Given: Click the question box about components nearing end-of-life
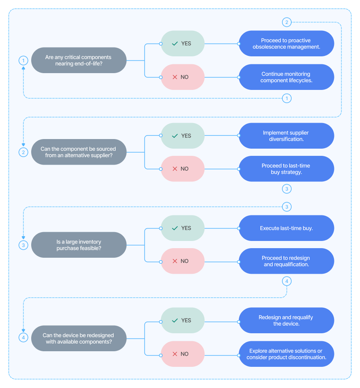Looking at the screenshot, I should pyautogui.click(x=78, y=60).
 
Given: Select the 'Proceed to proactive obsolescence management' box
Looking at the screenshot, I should pyautogui.click(x=286, y=44).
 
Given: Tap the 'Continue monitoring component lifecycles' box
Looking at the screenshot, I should pyautogui.click(x=286, y=77).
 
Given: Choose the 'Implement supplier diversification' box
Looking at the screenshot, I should pyautogui.click(x=286, y=136).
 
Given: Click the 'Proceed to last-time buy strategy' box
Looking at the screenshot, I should pyautogui.click(x=286, y=169).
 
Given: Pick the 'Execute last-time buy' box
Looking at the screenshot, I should pyautogui.click(x=286, y=228).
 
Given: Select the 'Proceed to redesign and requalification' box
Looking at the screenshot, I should pyautogui.click(x=286, y=261).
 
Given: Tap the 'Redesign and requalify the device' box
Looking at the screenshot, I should pyautogui.click(x=286, y=320).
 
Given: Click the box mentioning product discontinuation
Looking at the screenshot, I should pyautogui.click(x=286, y=354).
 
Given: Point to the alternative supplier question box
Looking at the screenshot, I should pyautogui.click(x=78, y=152).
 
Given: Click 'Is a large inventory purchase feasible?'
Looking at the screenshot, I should pyautogui.click(x=78, y=245).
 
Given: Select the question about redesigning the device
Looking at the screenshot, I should pyautogui.click(x=78, y=338).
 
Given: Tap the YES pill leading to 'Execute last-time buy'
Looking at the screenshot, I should pyautogui.click(x=182, y=228).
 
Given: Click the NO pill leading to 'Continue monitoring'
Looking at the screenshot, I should pyautogui.click(x=182, y=77).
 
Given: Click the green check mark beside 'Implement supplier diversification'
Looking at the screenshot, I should pyautogui.click(x=175, y=136).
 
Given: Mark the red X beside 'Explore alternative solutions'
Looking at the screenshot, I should pyautogui.click(x=175, y=354).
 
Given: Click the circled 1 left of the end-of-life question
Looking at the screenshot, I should pyautogui.click(x=24, y=61).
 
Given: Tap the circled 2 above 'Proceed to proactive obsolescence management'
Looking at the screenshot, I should pyautogui.click(x=286, y=22).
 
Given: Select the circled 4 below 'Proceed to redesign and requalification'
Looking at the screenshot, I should pyautogui.click(x=286, y=281).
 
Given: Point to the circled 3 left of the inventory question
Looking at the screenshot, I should pyautogui.click(x=24, y=245).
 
